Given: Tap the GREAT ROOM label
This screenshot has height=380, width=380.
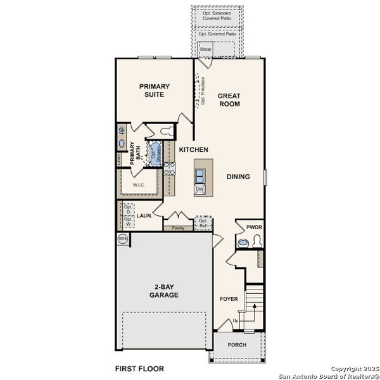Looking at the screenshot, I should [x=229, y=100].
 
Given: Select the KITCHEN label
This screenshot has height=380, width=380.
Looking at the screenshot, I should [x=193, y=149].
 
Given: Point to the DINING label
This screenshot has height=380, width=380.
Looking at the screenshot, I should [x=237, y=177].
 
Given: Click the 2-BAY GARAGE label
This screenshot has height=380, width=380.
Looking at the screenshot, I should [x=163, y=291].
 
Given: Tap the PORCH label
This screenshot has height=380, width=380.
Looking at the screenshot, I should [x=237, y=345].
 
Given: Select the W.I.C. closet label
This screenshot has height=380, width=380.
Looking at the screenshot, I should [x=139, y=186].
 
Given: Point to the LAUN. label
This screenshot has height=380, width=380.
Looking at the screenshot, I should [x=144, y=215].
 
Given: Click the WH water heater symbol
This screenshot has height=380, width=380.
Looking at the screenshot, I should [x=123, y=239].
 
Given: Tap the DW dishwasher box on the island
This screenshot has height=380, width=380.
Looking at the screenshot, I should [x=199, y=189].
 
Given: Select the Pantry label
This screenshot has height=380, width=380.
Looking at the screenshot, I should [x=178, y=228].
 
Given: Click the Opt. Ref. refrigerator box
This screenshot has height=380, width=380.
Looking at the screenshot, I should [x=203, y=223].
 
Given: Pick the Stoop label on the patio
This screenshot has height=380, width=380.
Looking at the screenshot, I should [x=206, y=48].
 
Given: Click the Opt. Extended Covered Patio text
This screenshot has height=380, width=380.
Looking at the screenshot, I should [x=217, y=16].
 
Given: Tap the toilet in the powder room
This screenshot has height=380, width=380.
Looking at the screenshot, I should [x=256, y=241].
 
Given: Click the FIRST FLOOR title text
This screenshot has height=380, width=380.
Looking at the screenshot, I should [x=139, y=368].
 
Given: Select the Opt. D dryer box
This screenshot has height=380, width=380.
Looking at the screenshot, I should [x=128, y=210].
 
